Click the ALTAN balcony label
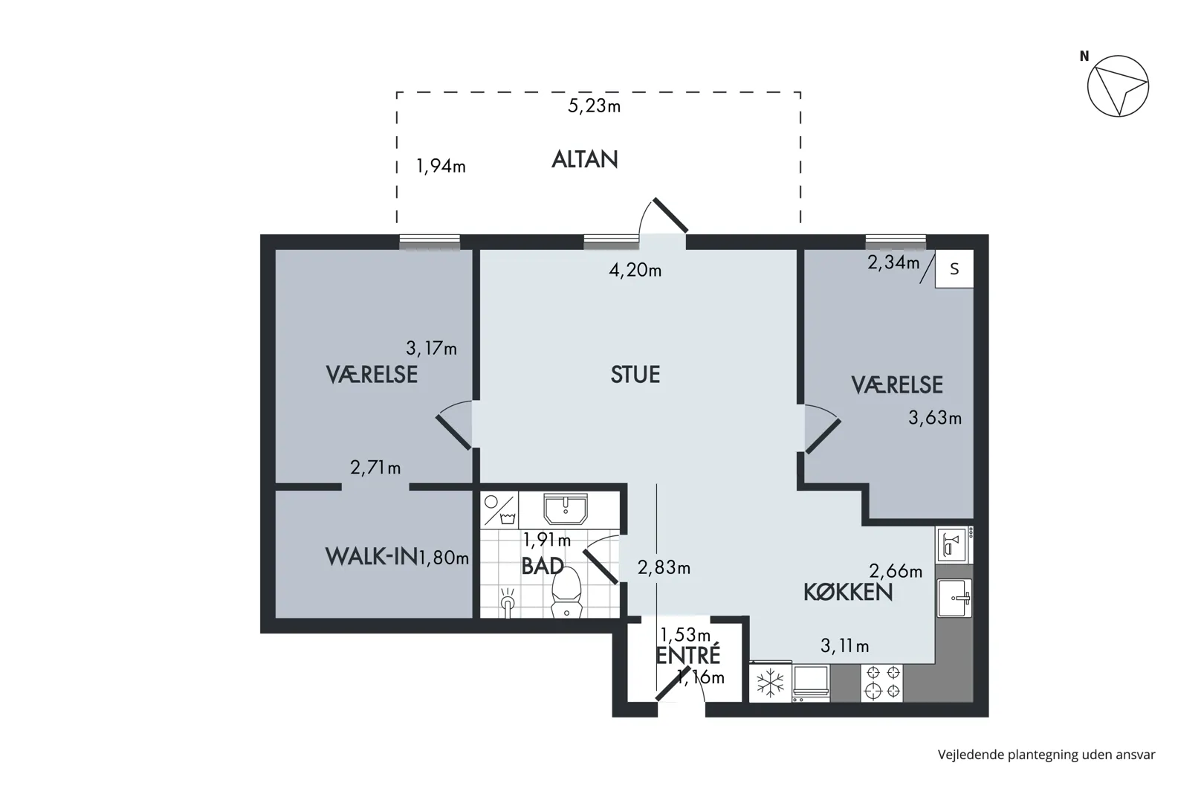click(585, 160)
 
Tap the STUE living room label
click(635, 374)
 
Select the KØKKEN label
click(848, 592)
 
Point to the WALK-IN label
click(372, 557)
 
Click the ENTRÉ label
click(688, 654)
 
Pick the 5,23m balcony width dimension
click(595, 106)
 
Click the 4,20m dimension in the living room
click(635, 270)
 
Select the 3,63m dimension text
click(935, 418)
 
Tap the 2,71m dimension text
click(376, 468)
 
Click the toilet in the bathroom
click(566, 593)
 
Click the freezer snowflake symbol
click(770, 683)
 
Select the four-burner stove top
click(882, 683)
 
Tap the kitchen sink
click(954, 598)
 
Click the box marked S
click(954, 269)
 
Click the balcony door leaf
click(671, 215)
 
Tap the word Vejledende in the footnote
click(971, 755)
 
